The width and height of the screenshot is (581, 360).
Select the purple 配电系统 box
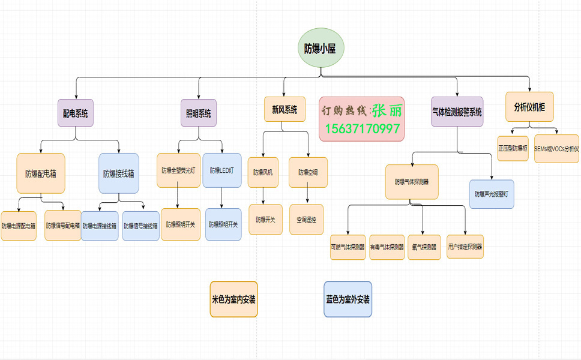point(76,112)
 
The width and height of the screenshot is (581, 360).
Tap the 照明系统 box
point(199,112)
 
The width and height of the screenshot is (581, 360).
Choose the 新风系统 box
point(284,110)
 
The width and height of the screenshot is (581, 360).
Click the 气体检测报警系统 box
point(457,112)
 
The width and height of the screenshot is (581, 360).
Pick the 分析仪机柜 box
point(529,107)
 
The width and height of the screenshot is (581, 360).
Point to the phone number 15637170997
point(363,129)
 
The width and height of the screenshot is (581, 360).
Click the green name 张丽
point(387,110)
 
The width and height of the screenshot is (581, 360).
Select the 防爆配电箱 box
point(41,174)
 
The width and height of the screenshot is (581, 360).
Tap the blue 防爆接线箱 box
point(119,174)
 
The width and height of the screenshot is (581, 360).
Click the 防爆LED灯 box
point(222,170)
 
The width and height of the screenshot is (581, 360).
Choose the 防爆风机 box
point(263,172)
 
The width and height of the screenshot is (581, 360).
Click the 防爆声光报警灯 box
point(492,194)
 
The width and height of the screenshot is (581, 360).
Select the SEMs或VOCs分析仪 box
point(556,148)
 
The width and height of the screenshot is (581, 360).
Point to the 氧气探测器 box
point(423,247)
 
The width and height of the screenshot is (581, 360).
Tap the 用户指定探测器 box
point(465,246)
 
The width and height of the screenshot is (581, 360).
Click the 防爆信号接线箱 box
point(141,226)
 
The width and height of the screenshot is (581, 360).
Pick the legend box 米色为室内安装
point(233,299)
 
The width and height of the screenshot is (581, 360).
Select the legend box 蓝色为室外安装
point(348,299)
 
